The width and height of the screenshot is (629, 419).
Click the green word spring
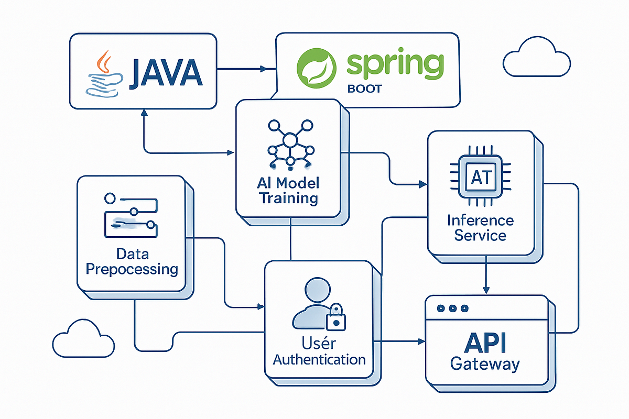coord(395,64)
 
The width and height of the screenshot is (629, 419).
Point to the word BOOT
coord(365,89)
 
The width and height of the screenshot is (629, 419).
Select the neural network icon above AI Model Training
coord(290,144)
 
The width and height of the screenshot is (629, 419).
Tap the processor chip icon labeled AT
coord(481,178)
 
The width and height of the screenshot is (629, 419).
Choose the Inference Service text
coord(480,227)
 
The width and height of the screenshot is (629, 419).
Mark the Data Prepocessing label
coord(132,262)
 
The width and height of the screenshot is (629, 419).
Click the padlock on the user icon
coord(335,318)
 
